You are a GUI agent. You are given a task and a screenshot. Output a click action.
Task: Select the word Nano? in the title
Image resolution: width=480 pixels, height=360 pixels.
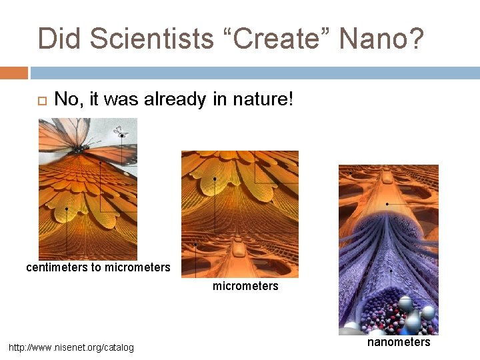point(381,39)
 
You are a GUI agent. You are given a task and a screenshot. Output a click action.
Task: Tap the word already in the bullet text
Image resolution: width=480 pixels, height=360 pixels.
point(185,100)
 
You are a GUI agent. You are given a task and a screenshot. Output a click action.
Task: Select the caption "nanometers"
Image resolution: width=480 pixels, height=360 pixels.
point(399,342)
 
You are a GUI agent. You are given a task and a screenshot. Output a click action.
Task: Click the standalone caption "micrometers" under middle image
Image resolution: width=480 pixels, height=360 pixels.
point(245,286)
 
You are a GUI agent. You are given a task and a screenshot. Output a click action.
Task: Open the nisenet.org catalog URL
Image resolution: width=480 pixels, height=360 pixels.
point(71,347)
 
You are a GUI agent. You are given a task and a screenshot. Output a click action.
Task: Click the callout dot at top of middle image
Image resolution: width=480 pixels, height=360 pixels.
point(214,179)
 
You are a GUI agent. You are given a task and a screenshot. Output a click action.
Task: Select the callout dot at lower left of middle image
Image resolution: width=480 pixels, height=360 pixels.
point(195,245)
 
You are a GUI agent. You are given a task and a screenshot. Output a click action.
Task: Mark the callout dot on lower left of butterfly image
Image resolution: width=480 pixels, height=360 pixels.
point(67,209)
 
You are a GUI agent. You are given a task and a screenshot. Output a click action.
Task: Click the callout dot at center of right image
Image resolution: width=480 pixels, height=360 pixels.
point(388,203)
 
